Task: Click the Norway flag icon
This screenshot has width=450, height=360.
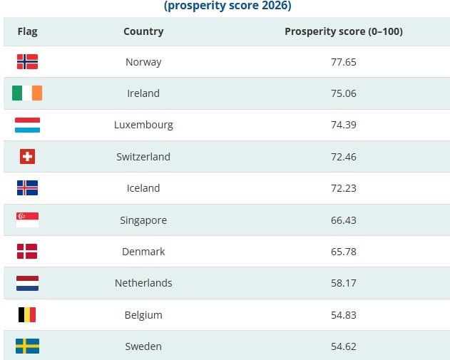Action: click(27, 62)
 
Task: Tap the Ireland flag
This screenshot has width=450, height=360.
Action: click(27, 93)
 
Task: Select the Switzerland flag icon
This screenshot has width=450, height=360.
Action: click(27, 157)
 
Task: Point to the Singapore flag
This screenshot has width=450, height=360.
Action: click(27, 220)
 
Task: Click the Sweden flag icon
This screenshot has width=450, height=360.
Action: click(27, 346)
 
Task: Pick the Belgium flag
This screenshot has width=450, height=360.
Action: click(27, 315)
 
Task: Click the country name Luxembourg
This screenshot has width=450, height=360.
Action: click(143, 125)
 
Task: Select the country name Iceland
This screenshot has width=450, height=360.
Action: click(143, 188)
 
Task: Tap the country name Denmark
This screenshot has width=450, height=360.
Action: click(143, 252)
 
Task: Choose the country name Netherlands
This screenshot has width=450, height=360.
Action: click(143, 283)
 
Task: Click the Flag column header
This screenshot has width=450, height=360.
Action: click(27, 31)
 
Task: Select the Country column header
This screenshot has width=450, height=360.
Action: click(143, 31)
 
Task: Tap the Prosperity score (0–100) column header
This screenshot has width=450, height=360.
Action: click(344, 31)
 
